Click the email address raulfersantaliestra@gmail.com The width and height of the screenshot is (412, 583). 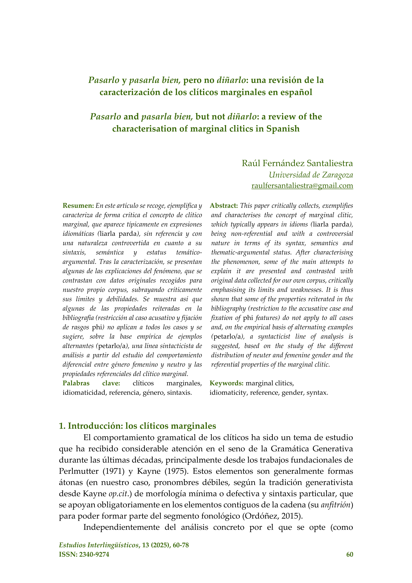pyautogui.click(x=302, y=186)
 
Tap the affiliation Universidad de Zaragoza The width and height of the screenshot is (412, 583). pyautogui.click(x=311, y=175)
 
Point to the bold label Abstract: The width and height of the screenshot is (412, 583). pyautogui.click(x=224, y=206)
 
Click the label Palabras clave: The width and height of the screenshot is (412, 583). pyautogui.click(x=91, y=383)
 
